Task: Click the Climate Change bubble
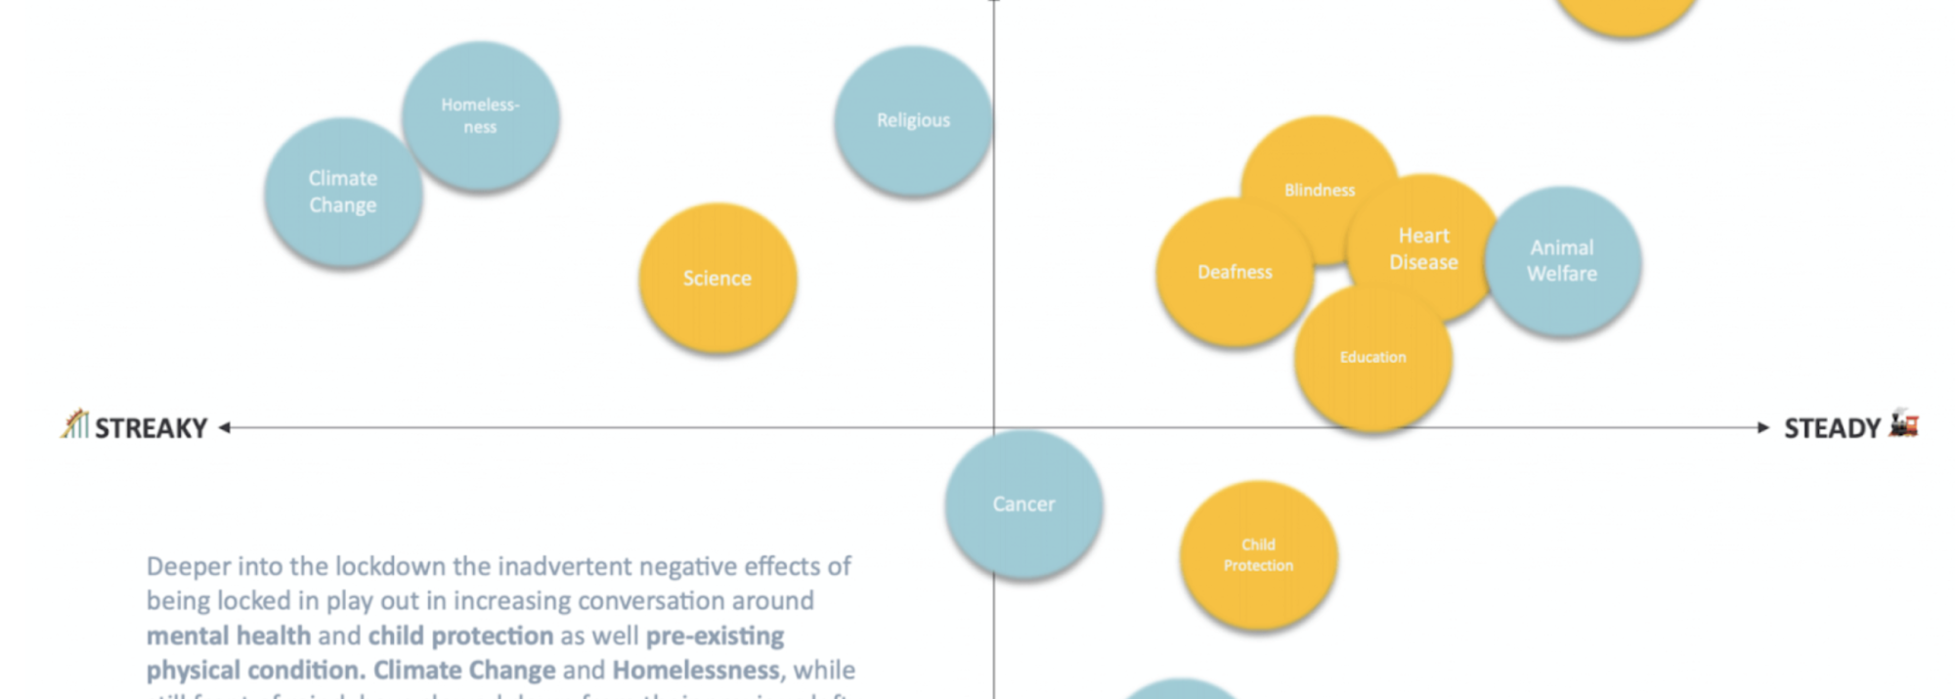[x=342, y=192]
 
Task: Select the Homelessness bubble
[x=480, y=115]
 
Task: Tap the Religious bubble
[x=913, y=120]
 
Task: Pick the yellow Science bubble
[x=717, y=278]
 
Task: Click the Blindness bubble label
[x=1320, y=190]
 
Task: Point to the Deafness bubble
[x=1235, y=272]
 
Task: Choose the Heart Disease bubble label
[x=1423, y=248]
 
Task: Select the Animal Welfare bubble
[x=1562, y=261]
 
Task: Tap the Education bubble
[x=1372, y=358]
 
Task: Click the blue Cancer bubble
[x=1023, y=503]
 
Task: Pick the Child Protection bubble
[x=1258, y=554]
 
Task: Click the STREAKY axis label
[x=151, y=428]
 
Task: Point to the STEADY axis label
[x=1832, y=428]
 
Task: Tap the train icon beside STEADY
[x=1903, y=423]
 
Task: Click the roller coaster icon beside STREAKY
[x=74, y=424]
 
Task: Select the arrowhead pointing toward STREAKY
[x=225, y=427]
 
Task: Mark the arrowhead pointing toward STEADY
[x=1762, y=427]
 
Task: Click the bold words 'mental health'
[x=228, y=635]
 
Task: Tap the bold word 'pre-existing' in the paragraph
[x=715, y=635]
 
